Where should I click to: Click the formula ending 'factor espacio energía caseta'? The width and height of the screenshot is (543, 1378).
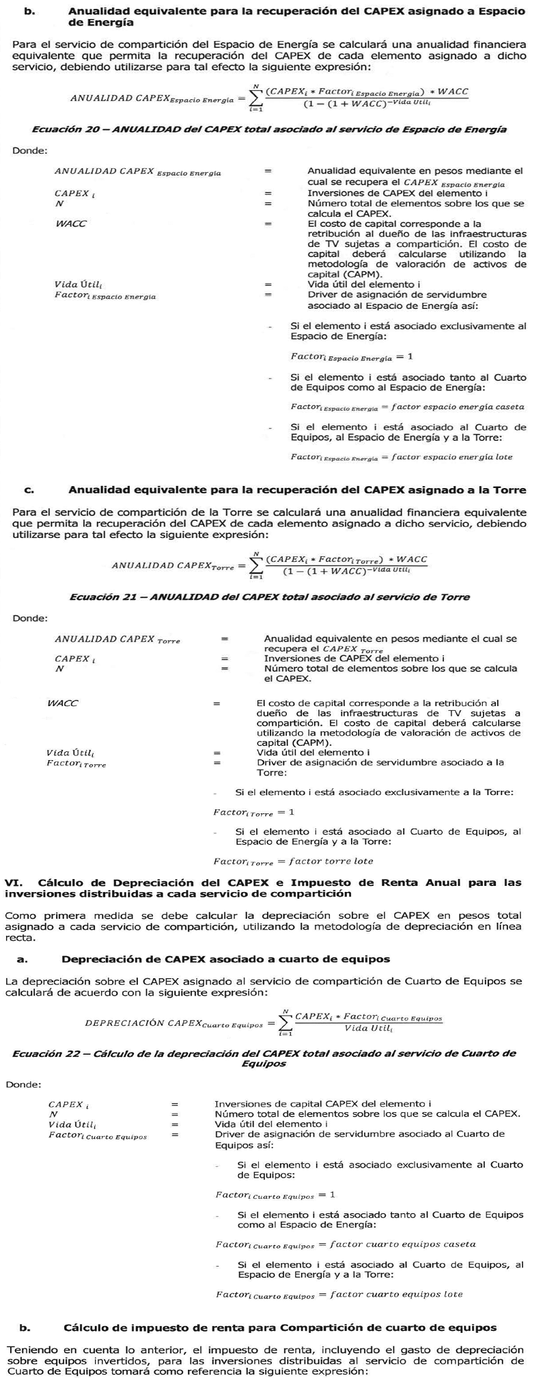click(407, 407)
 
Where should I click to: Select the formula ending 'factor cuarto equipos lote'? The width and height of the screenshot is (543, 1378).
click(339, 1294)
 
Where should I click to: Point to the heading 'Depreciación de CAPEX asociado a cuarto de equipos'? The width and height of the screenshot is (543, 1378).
click(226, 959)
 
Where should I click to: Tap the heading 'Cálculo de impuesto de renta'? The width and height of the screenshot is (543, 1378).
click(280, 1328)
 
